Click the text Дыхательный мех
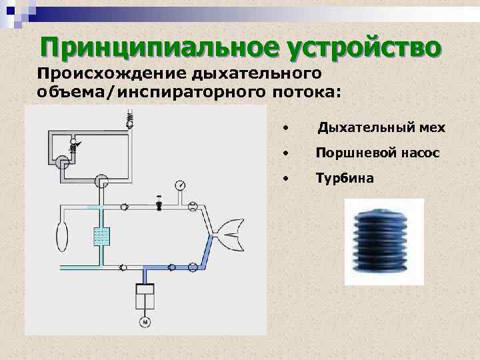click(381, 127)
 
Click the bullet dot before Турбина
click(285, 179)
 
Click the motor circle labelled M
click(144, 323)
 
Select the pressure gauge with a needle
click(180, 185)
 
